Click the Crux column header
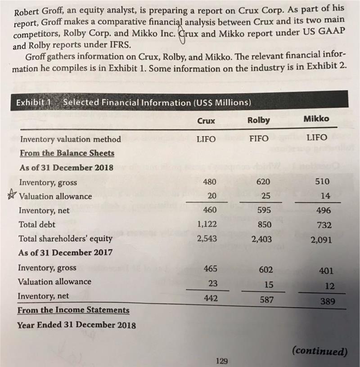(x=206, y=121)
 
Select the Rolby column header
(x=259, y=120)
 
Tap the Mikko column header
(x=316, y=119)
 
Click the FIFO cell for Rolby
(x=259, y=139)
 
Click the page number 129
(x=222, y=360)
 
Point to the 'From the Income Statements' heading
(x=73, y=310)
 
